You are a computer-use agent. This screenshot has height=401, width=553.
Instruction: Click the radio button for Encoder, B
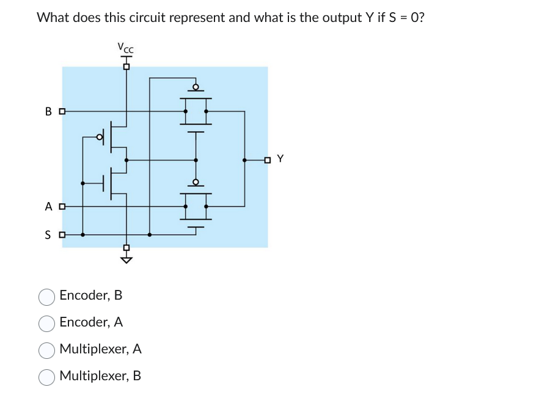[x=47, y=297]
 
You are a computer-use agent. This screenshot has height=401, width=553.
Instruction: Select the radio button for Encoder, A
[x=47, y=323]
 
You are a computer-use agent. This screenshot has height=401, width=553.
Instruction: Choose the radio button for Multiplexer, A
[x=47, y=350]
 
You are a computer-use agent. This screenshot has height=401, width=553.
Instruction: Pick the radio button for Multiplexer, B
[x=47, y=377]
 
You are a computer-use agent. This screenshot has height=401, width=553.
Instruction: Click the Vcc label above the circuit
[x=125, y=47]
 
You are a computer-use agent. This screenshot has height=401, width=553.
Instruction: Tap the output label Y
[x=280, y=159]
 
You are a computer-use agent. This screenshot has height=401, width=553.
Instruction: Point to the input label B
[x=49, y=112]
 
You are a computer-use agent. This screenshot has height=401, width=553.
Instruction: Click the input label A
[x=49, y=207]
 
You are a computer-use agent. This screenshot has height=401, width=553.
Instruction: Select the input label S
[x=49, y=234]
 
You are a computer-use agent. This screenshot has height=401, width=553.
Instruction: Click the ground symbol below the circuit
[x=126, y=259]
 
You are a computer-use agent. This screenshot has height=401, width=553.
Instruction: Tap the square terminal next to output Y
[x=267, y=160]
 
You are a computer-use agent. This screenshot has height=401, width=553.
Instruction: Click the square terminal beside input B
[x=61, y=112]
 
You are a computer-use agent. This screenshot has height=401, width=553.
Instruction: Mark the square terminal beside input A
[x=61, y=207]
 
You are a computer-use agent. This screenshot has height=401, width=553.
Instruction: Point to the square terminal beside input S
[x=61, y=234]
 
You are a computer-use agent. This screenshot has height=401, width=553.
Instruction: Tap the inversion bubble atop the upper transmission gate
[x=196, y=87]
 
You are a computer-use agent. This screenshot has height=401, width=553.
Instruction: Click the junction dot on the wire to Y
[x=244, y=160]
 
